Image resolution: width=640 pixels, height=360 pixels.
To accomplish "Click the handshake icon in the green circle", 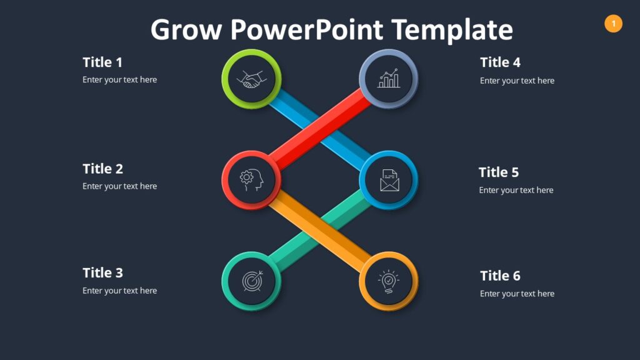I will (251, 79).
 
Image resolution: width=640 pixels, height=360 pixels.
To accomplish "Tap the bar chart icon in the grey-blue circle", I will (389, 79).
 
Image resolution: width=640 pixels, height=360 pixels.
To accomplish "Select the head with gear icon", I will (251, 181).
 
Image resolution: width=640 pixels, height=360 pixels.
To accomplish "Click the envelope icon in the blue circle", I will (389, 181).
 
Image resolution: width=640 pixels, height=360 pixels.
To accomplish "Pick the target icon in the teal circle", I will (251, 281).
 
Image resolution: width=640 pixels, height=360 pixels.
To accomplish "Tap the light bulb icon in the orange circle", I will (389, 281).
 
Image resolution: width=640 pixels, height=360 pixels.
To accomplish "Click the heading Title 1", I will (102, 62).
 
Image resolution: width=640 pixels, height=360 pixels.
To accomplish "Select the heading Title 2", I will (102, 169).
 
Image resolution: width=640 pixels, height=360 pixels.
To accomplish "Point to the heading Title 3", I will (102, 272).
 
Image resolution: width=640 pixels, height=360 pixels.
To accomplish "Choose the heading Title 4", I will (500, 62).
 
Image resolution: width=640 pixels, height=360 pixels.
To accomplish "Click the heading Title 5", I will (499, 172).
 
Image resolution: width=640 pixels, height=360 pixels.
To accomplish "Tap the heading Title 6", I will (500, 276).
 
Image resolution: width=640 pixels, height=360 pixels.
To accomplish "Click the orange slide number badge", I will (613, 24).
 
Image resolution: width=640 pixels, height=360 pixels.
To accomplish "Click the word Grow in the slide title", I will (186, 29).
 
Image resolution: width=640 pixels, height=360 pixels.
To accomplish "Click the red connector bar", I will (319, 130).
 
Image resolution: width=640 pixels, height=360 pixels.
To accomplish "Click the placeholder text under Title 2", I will (119, 186).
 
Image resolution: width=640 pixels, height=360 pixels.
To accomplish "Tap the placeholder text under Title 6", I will (517, 294).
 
